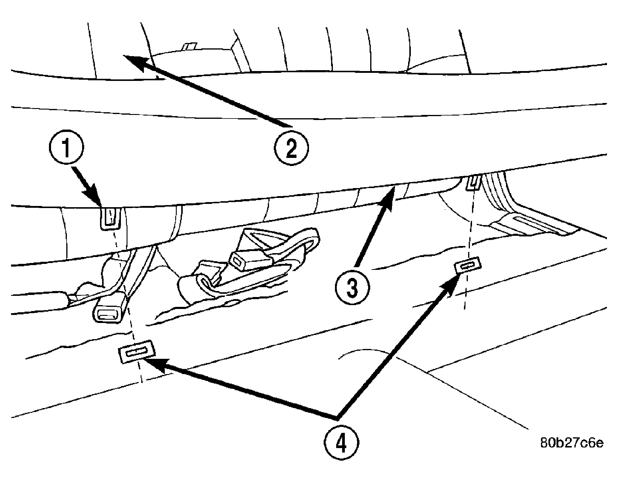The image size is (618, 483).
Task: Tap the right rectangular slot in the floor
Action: coord(468,264)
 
